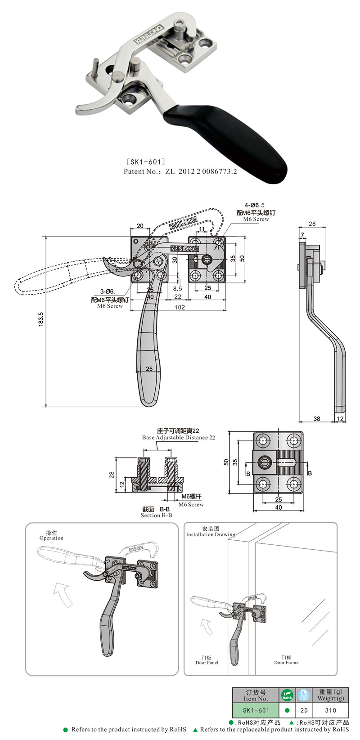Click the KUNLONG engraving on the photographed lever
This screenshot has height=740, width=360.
coord(148,34)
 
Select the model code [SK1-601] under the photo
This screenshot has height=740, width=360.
coord(146,161)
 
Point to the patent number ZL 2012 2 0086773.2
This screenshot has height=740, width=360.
coord(201,171)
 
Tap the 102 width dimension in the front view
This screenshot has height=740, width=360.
coord(179,307)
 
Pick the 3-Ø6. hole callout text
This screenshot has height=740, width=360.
coord(108,292)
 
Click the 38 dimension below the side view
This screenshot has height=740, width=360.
coord(317,418)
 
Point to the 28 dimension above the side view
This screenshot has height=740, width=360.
coord(312,224)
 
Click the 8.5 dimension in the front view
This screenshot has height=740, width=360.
coord(177,288)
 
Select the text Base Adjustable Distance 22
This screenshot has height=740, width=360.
coord(179,437)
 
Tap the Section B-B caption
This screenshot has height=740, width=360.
coord(156,515)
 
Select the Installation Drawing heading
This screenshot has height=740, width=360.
coord(211,534)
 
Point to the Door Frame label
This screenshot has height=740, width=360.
coord(286,662)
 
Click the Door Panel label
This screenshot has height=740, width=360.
coord(207,663)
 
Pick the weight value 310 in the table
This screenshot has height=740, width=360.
coord(331,710)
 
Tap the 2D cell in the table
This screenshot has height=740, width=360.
coord(304,710)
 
